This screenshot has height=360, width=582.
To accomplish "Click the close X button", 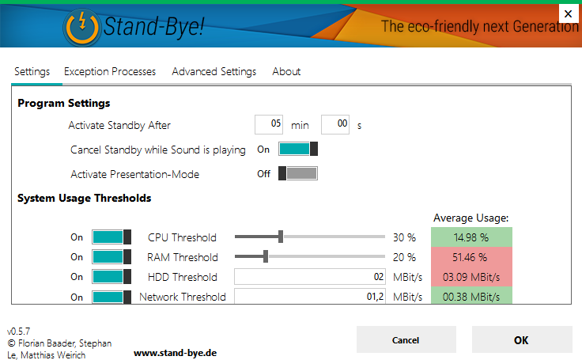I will point(568,13).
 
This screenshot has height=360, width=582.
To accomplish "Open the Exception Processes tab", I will point(110,71).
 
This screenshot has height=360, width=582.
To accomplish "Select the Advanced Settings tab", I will point(214,71).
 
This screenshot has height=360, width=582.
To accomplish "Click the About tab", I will point(286,71).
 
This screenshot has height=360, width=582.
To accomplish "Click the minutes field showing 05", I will point(270,124).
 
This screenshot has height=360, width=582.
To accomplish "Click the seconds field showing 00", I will point(335,124).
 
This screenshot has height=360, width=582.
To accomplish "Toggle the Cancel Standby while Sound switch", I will point(298,149).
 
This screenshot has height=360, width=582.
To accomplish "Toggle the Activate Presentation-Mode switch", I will point(298,174).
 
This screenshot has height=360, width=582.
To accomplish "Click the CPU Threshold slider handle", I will point(281,237).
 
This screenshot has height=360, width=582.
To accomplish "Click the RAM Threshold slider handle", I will point(266,256).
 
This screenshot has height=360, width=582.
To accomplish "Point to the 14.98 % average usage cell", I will point(471,237).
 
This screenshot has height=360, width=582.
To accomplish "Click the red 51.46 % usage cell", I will point(471,256).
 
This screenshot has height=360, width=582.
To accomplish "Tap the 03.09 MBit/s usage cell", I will point(471,277).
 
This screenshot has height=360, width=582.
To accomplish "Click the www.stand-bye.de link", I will point(175,353).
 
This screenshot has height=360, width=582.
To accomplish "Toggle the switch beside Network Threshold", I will point(111,297).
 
